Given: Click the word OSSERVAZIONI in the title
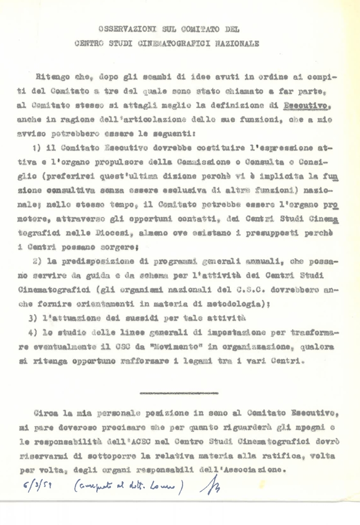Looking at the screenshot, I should (x=119, y=29).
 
